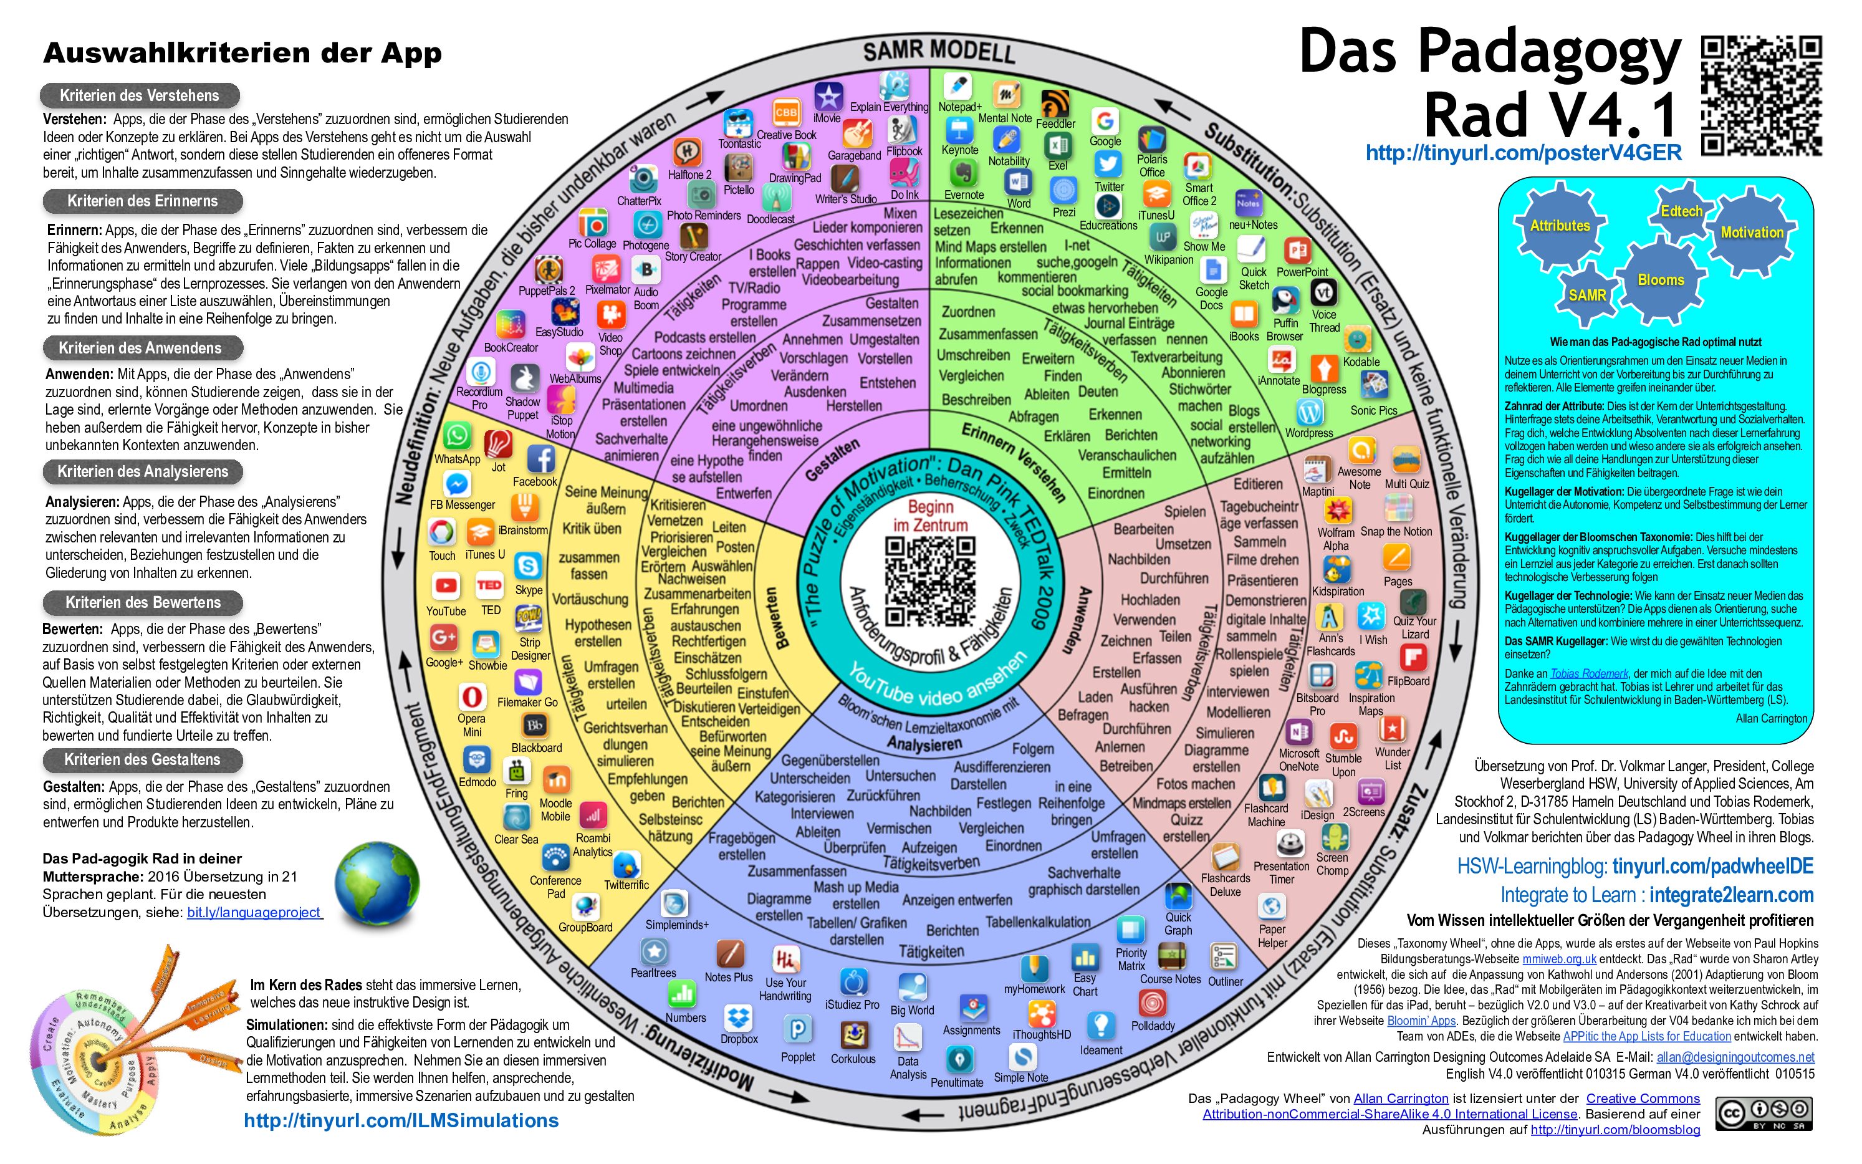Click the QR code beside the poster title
(x=1761, y=95)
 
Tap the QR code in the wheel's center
(x=930, y=582)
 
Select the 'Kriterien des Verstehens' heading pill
(x=140, y=96)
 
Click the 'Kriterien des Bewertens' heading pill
(x=143, y=603)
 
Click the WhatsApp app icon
(x=456, y=436)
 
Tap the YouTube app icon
(x=446, y=586)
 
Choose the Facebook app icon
(x=541, y=459)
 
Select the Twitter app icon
(x=1108, y=164)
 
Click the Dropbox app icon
(x=738, y=1017)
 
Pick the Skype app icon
(x=528, y=567)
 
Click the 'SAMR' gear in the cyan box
(x=1587, y=295)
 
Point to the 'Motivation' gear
(x=1752, y=233)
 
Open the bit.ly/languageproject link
(x=254, y=912)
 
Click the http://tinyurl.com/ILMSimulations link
(x=401, y=1121)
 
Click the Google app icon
(x=1105, y=122)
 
